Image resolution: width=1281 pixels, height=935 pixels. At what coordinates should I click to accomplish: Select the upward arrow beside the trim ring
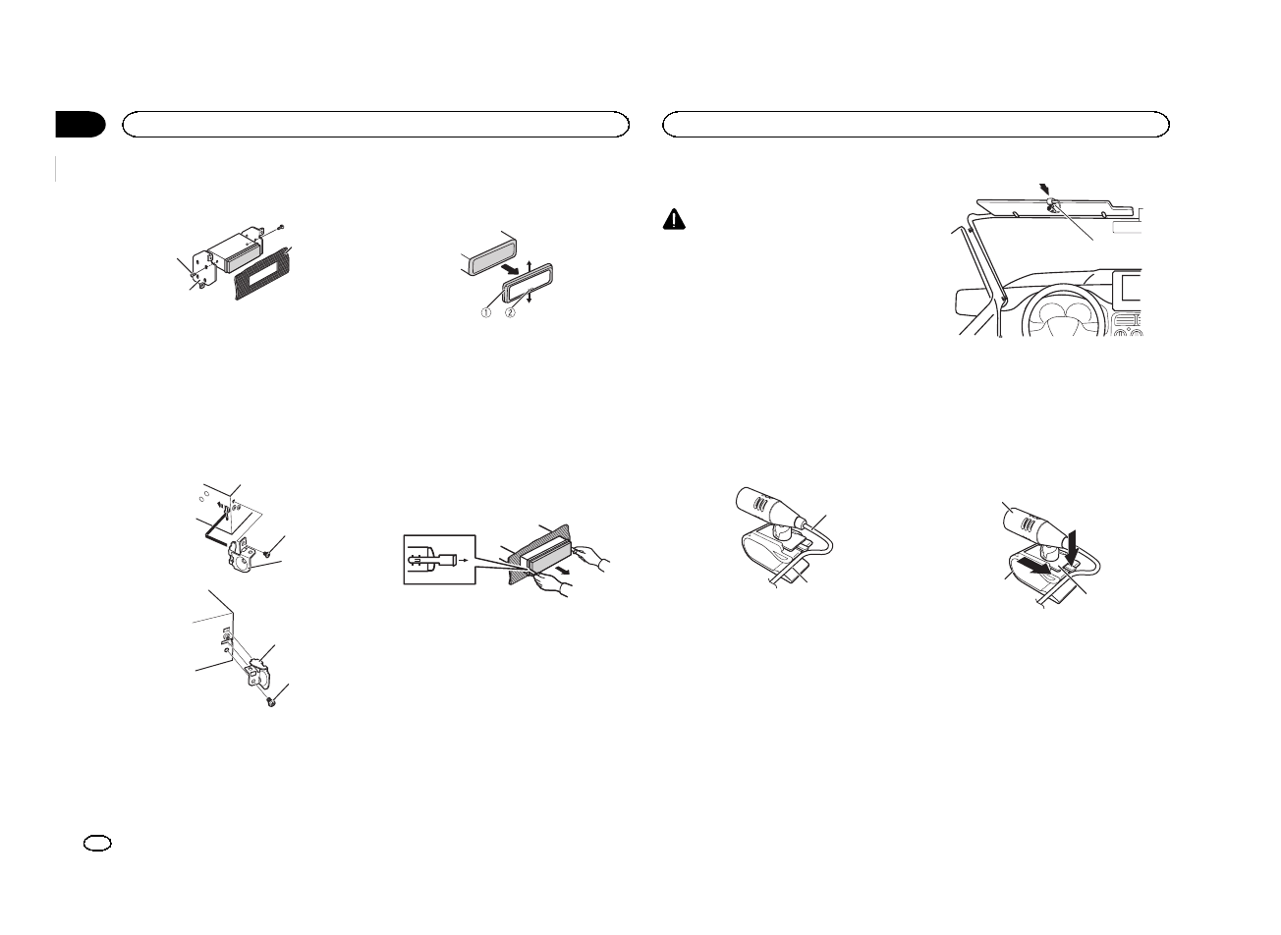[529, 265]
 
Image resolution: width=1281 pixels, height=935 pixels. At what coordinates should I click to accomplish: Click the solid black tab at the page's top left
[81, 125]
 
